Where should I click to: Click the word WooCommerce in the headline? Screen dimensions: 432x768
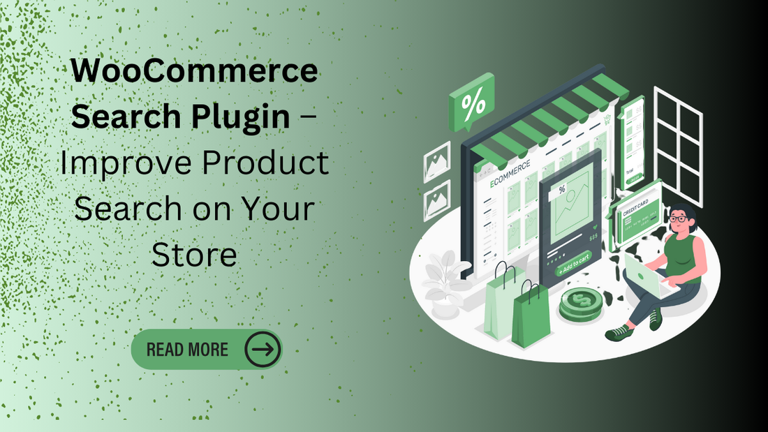[x=194, y=72]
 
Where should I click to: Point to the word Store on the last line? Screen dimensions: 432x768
[x=194, y=255]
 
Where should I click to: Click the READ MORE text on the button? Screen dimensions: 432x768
[x=187, y=349]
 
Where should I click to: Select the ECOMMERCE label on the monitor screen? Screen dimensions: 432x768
[x=510, y=172]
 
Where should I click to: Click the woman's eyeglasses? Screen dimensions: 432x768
[x=677, y=219]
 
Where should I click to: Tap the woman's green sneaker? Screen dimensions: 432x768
[x=618, y=333]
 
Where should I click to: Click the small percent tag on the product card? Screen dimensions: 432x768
[x=562, y=189]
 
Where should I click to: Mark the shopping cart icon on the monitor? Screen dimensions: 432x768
[x=607, y=119]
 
